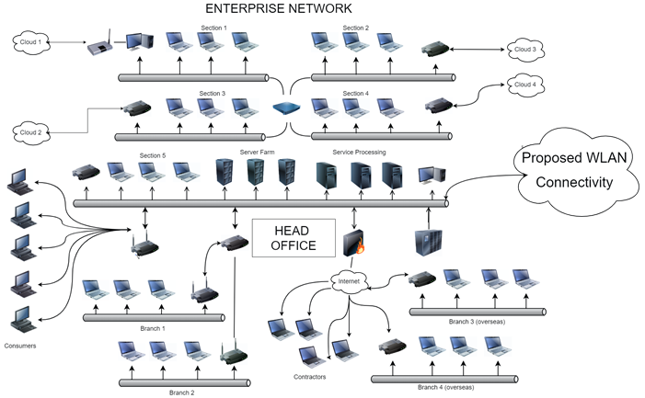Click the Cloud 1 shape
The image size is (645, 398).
click(x=32, y=40)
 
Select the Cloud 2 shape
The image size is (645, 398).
click(x=32, y=131)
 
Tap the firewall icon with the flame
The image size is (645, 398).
click(x=354, y=243)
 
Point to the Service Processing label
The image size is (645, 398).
click(x=359, y=152)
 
